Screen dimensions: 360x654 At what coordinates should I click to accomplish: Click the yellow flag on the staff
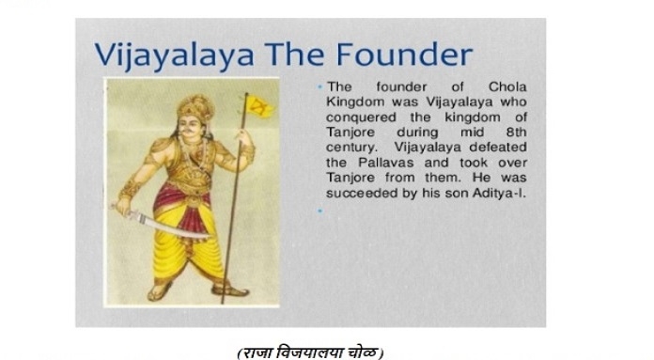260,105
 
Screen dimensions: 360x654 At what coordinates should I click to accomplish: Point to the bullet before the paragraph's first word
320,86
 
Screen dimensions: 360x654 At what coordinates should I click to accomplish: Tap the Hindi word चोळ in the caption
365,352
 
